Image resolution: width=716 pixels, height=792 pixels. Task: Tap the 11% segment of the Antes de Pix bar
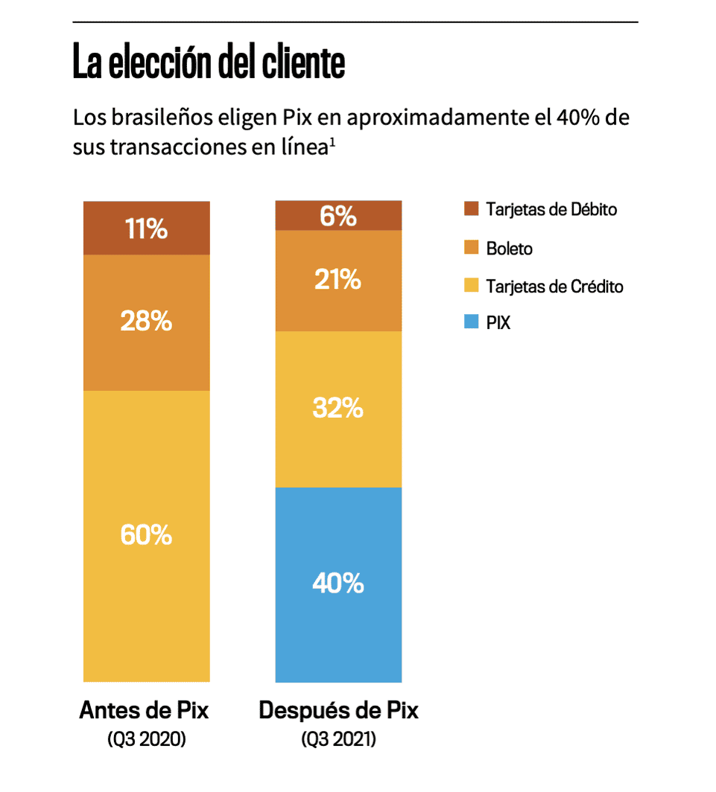tap(146, 229)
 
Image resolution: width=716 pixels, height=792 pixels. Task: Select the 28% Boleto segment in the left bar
tap(146, 322)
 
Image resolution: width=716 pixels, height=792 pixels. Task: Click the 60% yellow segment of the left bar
tap(146, 534)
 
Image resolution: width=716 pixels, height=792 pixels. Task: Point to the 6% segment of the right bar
tap(338, 216)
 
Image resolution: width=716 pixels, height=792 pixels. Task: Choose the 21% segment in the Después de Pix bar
tap(338, 281)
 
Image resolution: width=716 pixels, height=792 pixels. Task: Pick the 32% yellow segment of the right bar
tap(338, 409)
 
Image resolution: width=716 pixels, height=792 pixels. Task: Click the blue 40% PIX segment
tap(338, 584)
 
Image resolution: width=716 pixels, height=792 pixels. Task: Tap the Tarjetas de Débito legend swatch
tap(470, 209)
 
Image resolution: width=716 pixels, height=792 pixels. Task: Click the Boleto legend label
tap(510, 249)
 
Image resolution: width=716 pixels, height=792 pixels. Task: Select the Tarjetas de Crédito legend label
tap(554, 286)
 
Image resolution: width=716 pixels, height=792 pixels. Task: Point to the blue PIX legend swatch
tap(470, 324)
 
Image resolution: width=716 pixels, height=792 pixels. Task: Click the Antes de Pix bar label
tap(145, 710)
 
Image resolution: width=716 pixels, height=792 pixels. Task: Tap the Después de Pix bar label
tap(338, 710)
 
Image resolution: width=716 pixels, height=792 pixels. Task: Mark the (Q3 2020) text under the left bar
tap(145, 740)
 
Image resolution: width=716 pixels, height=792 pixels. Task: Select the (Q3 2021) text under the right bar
tap(338, 740)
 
